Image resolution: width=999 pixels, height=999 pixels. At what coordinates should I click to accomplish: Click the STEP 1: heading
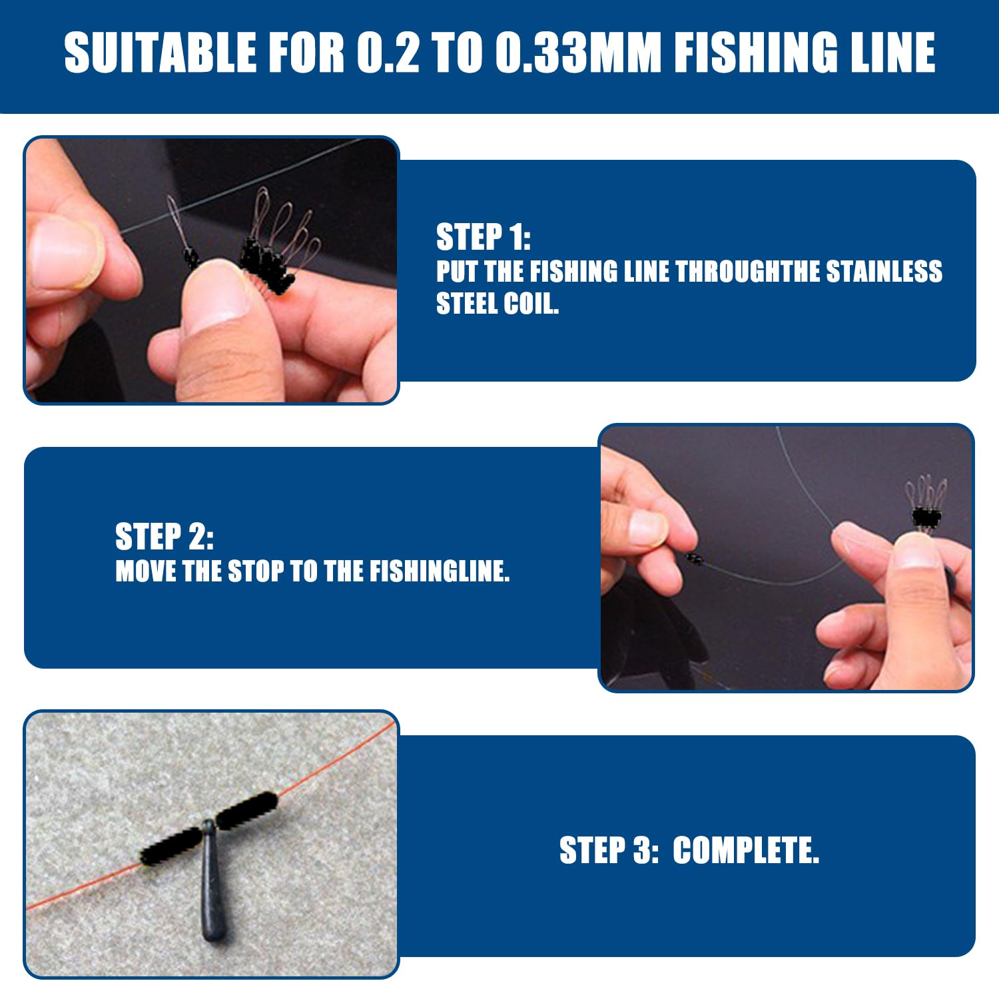(483, 237)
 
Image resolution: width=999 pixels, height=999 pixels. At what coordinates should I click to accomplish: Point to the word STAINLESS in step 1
(884, 272)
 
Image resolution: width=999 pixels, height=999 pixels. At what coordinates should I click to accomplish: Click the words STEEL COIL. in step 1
(497, 304)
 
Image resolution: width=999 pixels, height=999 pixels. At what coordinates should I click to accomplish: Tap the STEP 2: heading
(164, 537)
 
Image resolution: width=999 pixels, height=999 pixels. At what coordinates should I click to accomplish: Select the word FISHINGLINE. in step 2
(440, 571)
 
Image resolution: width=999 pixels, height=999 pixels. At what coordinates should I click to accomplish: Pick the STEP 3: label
(609, 850)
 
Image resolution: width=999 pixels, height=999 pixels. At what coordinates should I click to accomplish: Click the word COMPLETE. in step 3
(746, 850)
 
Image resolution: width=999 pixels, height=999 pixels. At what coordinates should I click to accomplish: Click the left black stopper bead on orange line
(170, 846)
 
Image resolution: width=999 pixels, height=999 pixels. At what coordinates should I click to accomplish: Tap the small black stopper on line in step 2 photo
(694, 558)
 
